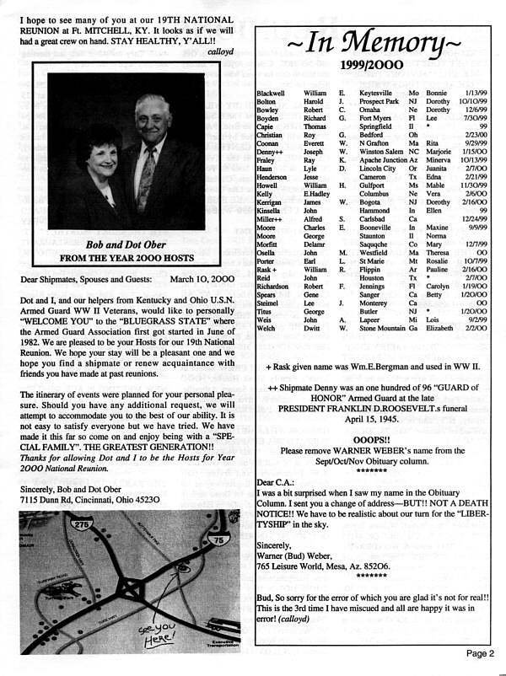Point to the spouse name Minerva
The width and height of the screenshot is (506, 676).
click(440, 159)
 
